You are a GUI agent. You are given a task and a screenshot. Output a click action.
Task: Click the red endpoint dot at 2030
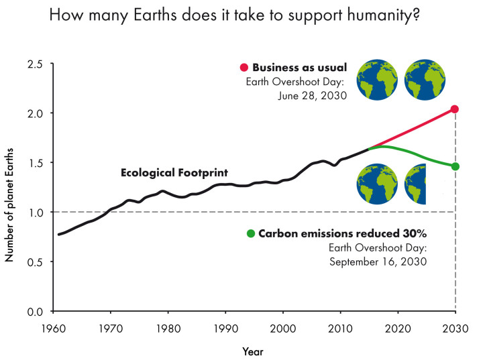click(455, 109)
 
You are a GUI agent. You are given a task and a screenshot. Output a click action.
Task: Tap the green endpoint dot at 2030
click(455, 166)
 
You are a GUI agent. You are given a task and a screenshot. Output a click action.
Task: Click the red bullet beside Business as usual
click(244, 67)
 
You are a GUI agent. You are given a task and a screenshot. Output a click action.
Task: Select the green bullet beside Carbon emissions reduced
click(251, 233)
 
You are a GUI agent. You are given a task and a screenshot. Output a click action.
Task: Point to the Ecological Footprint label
click(174, 172)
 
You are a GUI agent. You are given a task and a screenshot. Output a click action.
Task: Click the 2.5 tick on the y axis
click(35, 64)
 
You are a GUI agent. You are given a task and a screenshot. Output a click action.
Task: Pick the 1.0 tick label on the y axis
click(35, 213)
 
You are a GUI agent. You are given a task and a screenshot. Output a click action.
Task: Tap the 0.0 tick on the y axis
click(35, 312)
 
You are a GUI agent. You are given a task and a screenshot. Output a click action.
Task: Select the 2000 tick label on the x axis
click(283, 328)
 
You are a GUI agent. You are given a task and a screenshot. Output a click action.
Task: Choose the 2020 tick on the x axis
click(398, 328)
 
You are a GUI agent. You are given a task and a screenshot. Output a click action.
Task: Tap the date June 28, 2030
click(313, 95)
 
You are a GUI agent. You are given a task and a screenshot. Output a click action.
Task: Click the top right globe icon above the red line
click(427, 80)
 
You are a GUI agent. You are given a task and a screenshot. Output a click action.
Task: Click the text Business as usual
click(299, 67)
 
